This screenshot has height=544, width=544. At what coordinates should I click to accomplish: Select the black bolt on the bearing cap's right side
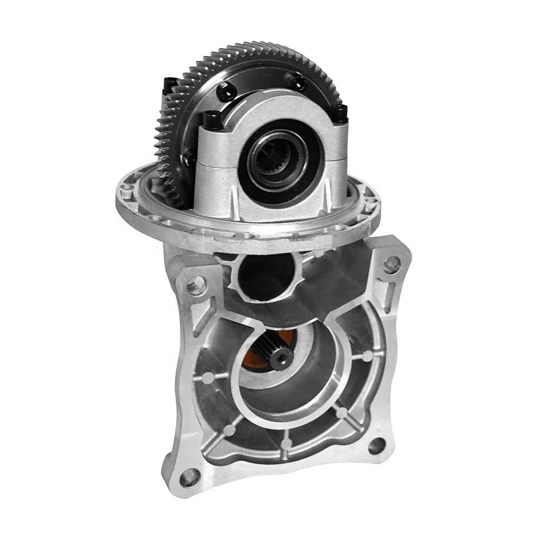(x=339, y=113)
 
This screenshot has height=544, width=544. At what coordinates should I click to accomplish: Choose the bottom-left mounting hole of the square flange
(x=188, y=477)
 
